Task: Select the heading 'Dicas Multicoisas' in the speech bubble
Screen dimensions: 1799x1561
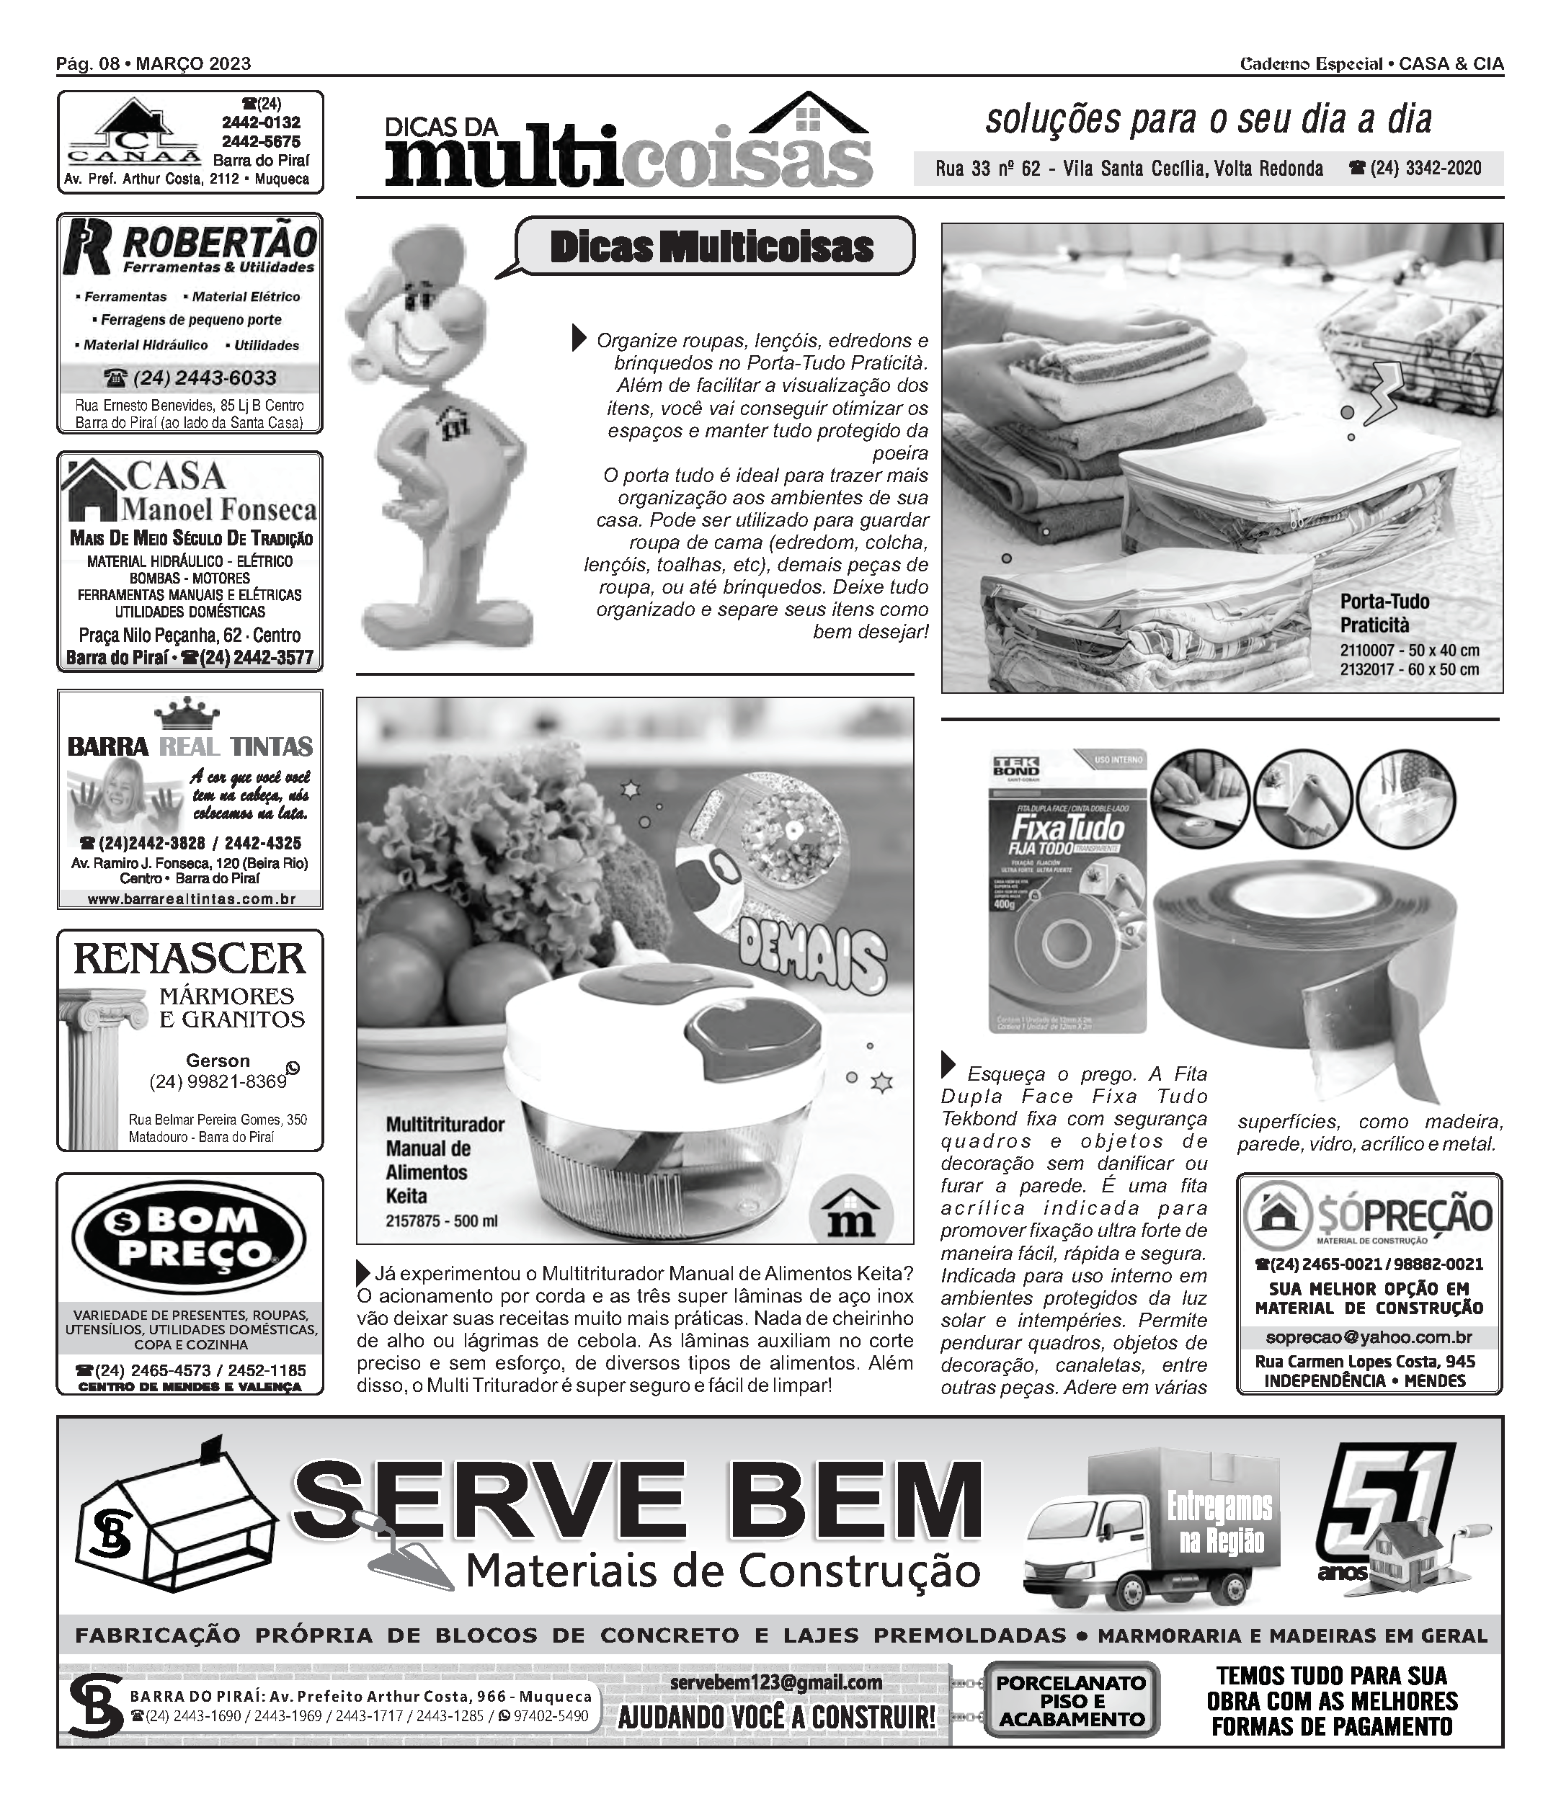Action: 712,247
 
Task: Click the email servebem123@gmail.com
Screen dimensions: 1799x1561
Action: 775,1683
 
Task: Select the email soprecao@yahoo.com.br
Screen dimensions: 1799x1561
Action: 1369,1336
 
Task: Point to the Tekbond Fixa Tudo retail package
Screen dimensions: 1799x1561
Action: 1068,890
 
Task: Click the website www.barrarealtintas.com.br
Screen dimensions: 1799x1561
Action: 191,899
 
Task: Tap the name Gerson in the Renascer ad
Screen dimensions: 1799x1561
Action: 218,1061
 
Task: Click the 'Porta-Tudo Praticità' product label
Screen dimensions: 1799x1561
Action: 1384,612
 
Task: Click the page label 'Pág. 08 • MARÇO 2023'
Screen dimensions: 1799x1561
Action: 154,63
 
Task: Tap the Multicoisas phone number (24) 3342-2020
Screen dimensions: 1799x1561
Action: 1415,168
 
